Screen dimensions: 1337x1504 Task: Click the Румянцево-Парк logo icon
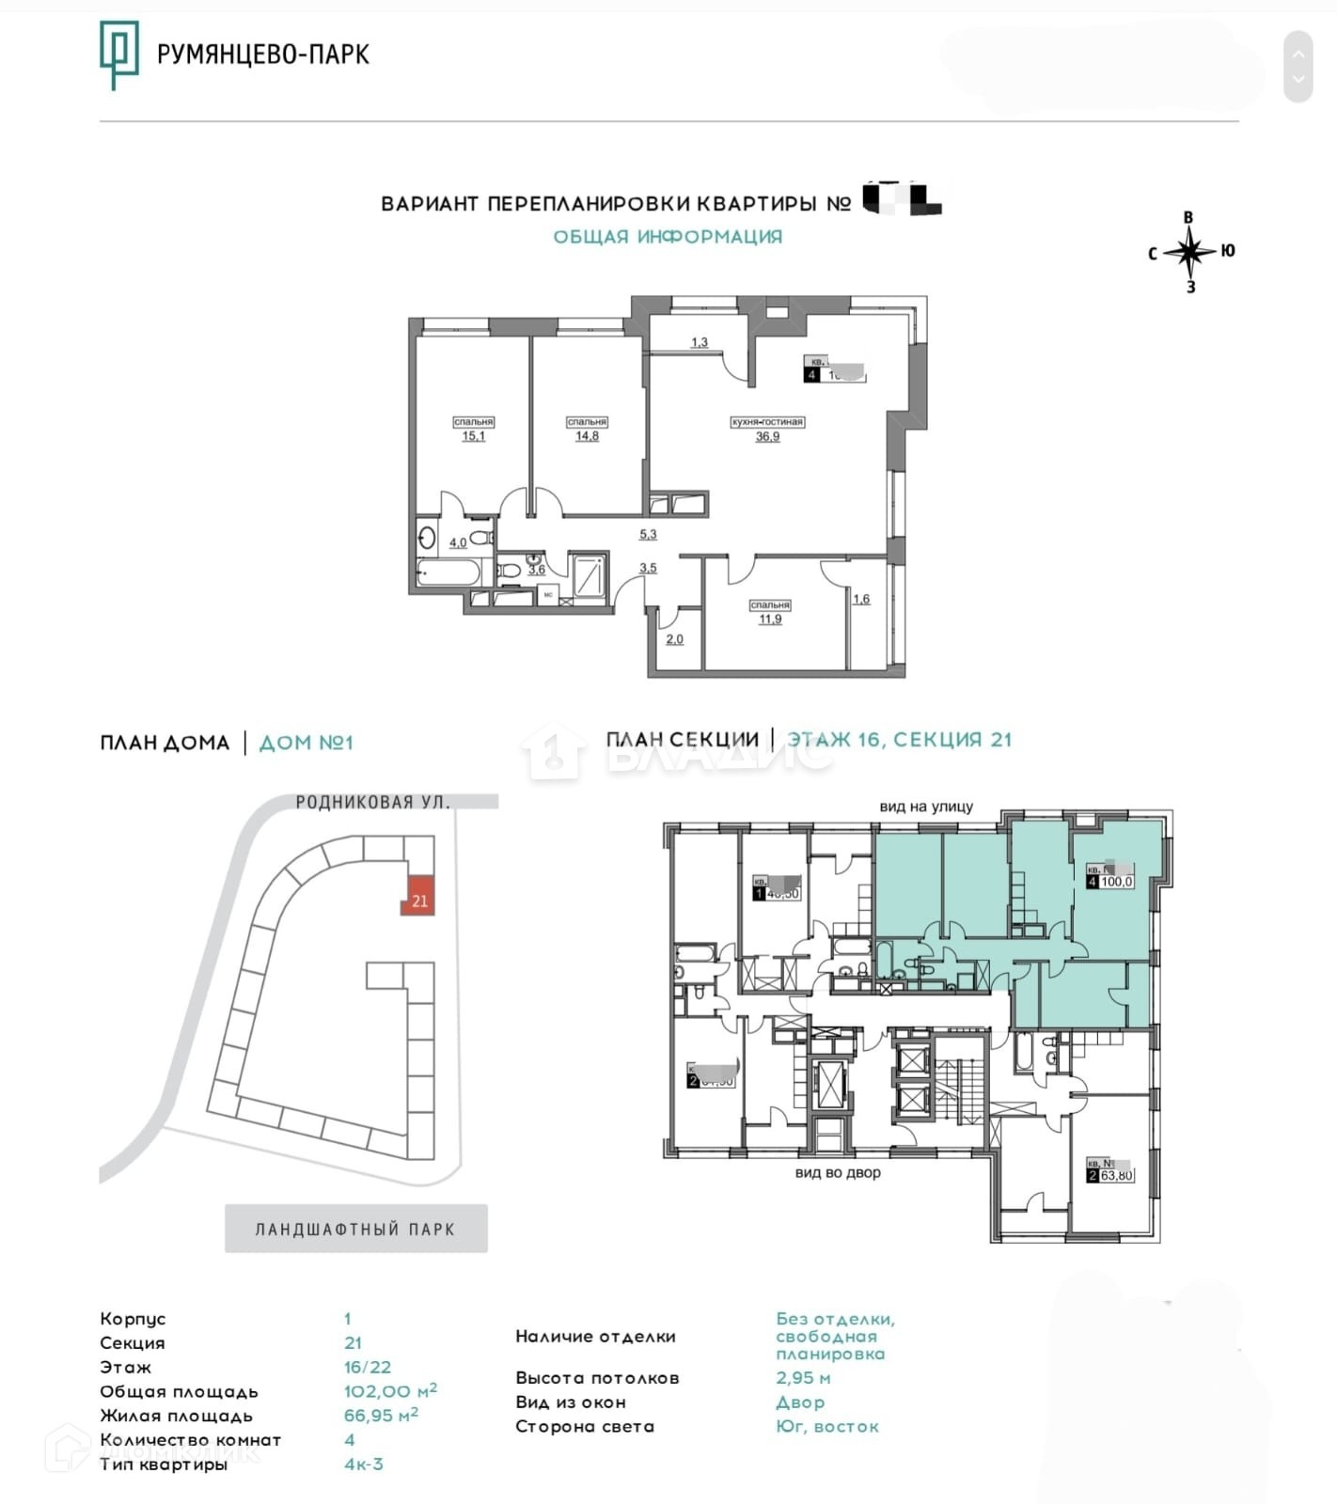pyautogui.click(x=118, y=55)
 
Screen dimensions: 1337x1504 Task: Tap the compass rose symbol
pyautogui.click(x=1189, y=252)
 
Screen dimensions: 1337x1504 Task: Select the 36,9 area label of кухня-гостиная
pyautogui.click(x=767, y=436)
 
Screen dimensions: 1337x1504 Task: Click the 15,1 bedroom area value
pyautogui.click(x=473, y=436)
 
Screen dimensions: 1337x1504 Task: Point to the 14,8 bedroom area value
pyautogui.click(x=587, y=436)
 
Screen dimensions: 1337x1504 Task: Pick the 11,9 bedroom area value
pyautogui.click(x=770, y=619)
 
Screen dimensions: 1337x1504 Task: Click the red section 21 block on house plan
pyautogui.click(x=418, y=897)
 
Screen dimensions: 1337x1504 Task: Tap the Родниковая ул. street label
pyautogui.click(x=372, y=802)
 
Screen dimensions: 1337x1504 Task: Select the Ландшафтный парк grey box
pyautogui.click(x=355, y=1229)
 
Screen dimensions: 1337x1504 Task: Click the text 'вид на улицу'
pyautogui.click(x=926, y=807)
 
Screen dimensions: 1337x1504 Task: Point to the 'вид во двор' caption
pyautogui.click(x=838, y=1172)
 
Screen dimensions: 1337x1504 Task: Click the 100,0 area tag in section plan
pyautogui.click(x=1116, y=882)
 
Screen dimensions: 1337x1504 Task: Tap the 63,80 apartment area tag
pyautogui.click(x=1116, y=1175)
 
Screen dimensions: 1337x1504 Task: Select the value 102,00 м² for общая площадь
pyautogui.click(x=390, y=1391)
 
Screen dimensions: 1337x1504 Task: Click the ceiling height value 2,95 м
pyautogui.click(x=803, y=1378)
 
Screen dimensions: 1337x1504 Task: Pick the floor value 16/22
pyautogui.click(x=367, y=1367)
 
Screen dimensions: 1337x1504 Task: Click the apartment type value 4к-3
pyautogui.click(x=364, y=1464)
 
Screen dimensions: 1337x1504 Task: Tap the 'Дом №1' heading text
pyautogui.click(x=306, y=743)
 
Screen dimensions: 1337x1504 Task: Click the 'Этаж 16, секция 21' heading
pyautogui.click(x=900, y=740)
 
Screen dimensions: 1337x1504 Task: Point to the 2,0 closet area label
pyautogui.click(x=674, y=639)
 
